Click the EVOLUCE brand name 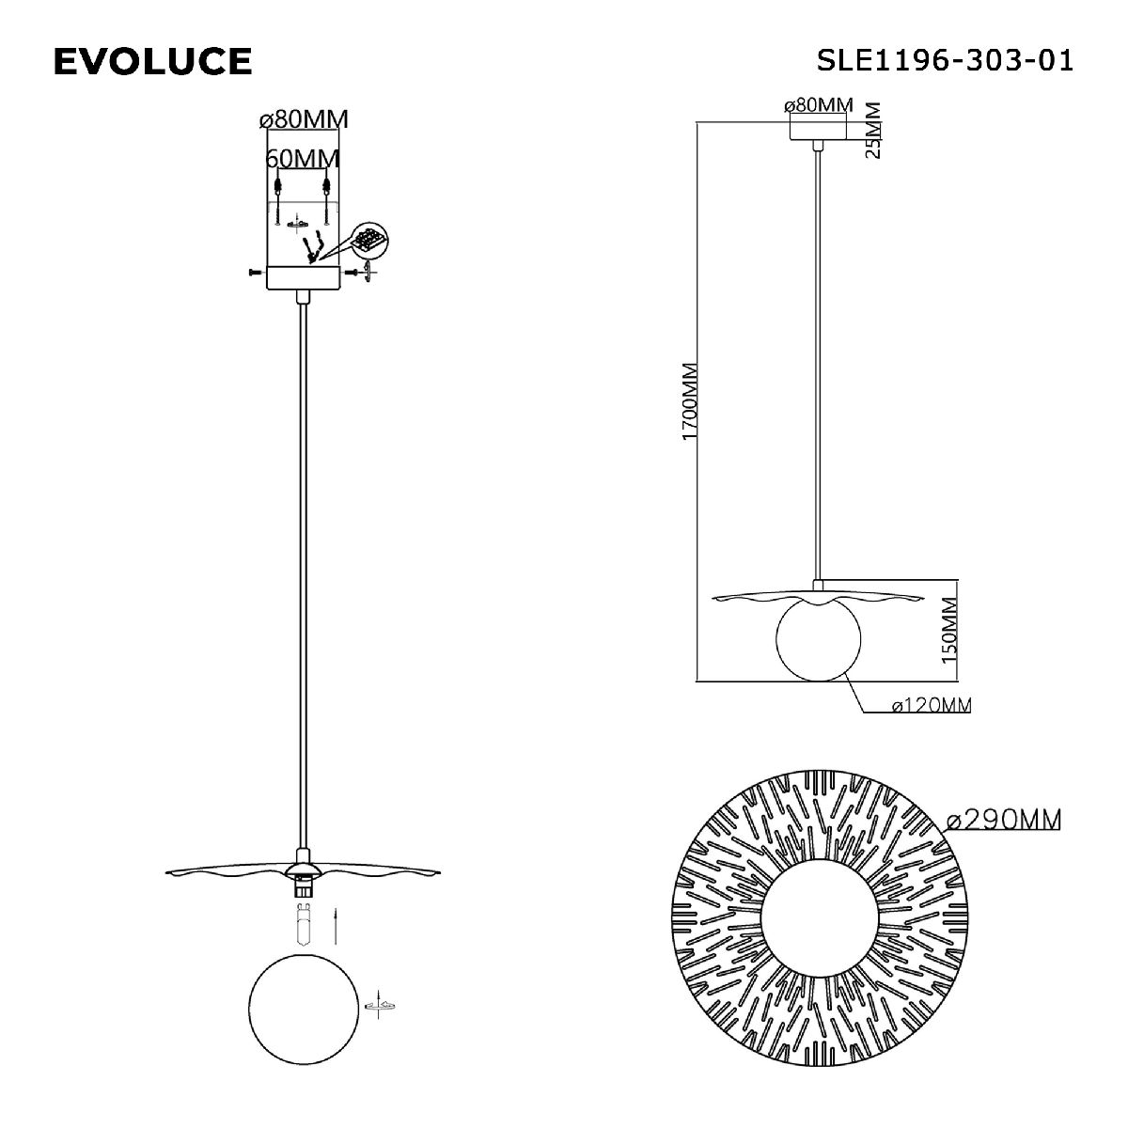click(x=153, y=61)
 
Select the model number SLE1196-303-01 click(x=945, y=60)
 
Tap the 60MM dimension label click(x=303, y=159)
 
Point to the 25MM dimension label click(x=872, y=131)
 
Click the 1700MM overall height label click(x=690, y=401)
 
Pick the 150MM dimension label click(x=948, y=630)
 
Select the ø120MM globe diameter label click(x=932, y=705)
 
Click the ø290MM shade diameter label click(x=1003, y=820)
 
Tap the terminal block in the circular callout click(x=368, y=240)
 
